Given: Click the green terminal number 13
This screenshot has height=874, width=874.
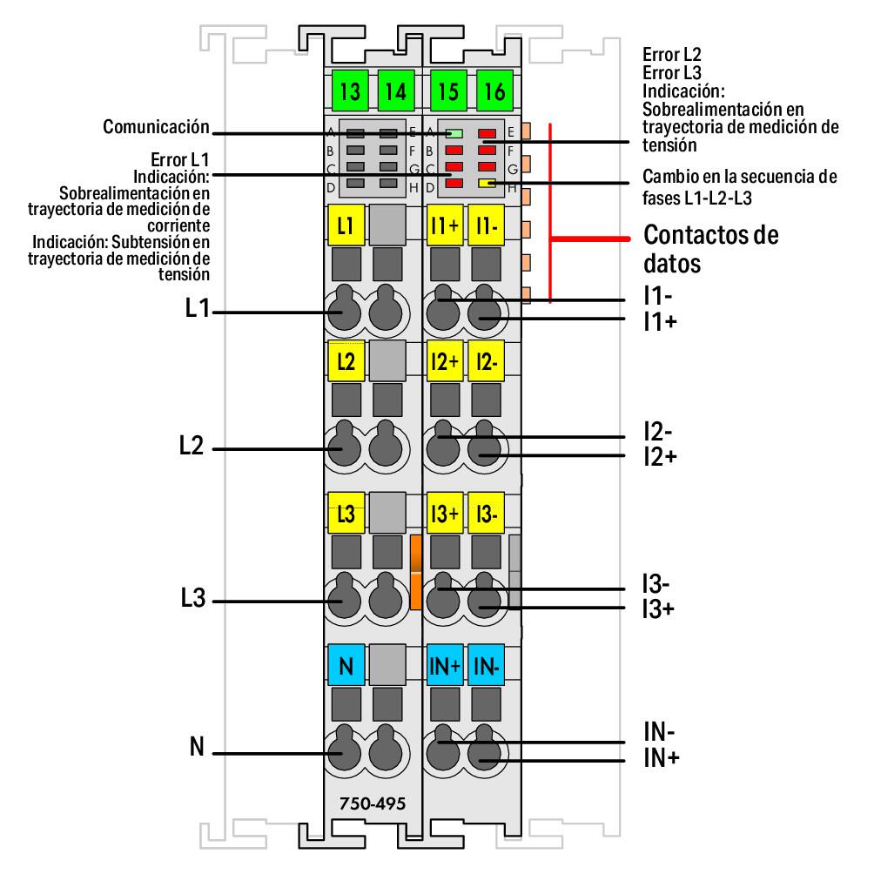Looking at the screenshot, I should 350,91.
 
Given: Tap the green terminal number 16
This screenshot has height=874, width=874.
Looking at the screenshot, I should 494,91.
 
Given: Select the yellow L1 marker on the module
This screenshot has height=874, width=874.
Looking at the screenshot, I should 345,225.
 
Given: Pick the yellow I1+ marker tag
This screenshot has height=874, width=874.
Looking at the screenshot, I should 445,225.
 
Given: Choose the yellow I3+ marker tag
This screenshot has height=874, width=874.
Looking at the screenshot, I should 445,513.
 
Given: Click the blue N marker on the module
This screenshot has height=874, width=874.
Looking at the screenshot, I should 345,666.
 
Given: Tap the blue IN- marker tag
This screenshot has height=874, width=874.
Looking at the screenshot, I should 485,666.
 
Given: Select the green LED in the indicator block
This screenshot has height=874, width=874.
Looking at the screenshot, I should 454,134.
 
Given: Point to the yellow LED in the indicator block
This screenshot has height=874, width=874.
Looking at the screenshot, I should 487,184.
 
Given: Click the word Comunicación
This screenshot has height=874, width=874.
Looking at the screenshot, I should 157,127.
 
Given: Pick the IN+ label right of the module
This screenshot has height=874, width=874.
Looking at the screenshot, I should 662,759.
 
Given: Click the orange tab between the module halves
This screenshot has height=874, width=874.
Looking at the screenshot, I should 415,571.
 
